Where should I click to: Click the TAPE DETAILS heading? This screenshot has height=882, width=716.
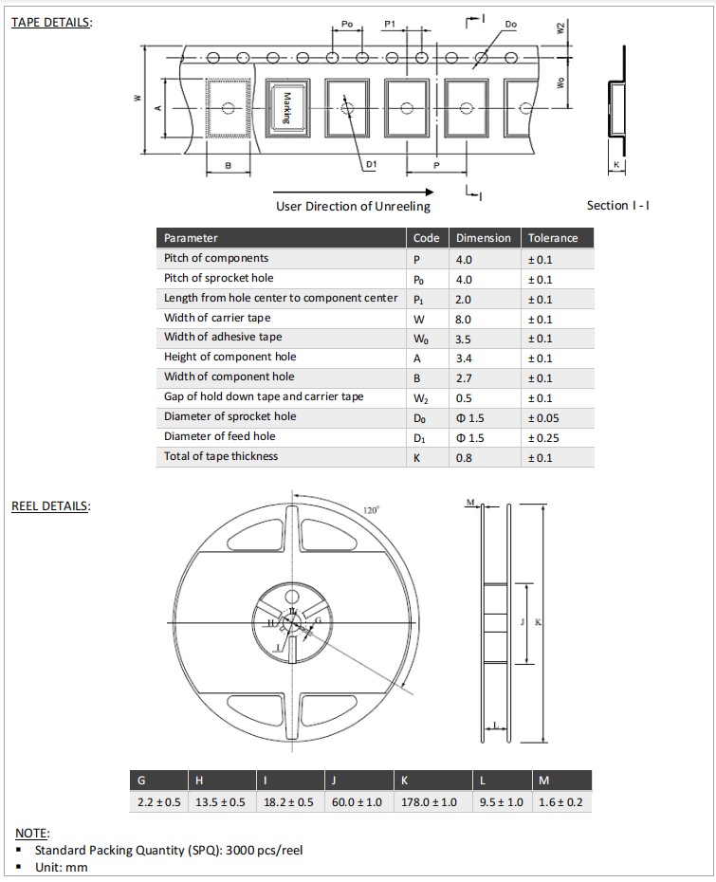click(x=52, y=23)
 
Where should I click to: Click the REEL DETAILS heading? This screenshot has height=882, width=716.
click(x=51, y=505)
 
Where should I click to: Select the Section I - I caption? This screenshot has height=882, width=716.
click(x=618, y=206)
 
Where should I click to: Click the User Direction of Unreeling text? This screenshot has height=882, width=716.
click(x=353, y=207)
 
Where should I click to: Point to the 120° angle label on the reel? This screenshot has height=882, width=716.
click(x=371, y=510)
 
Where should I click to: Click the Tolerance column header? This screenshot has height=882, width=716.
click(x=553, y=238)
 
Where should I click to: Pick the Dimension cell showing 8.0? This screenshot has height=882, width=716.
click(x=464, y=319)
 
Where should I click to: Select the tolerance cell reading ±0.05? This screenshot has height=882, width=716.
click(x=542, y=417)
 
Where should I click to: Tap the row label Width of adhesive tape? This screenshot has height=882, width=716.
click(x=223, y=338)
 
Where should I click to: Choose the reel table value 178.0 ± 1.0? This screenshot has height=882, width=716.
click(x=430, y=802)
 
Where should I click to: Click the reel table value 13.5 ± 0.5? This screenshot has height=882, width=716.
click(x=219, y=802)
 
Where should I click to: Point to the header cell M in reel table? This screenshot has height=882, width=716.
click(x=543, y=781)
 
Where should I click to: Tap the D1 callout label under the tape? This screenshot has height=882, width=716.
click(x=372, y=164)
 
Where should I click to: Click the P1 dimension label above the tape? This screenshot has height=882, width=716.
click(x=390, y=23)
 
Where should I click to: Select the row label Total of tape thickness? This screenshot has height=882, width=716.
click(x=221, y=456)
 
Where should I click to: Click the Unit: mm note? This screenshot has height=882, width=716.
click(x=59, y=867)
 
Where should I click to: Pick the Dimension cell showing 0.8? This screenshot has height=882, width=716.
click(x=463, y=457)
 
